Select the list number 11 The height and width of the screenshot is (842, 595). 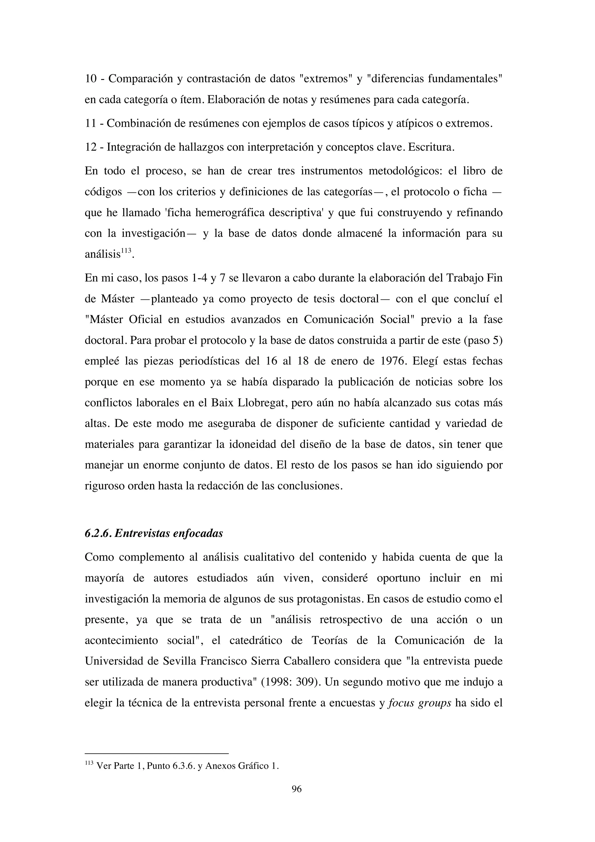tap(90, 124)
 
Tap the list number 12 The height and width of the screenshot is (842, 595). tap(91, 147)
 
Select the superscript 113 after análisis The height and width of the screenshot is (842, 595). tap(126, 250)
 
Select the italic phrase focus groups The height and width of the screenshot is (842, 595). tap(419, 703)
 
